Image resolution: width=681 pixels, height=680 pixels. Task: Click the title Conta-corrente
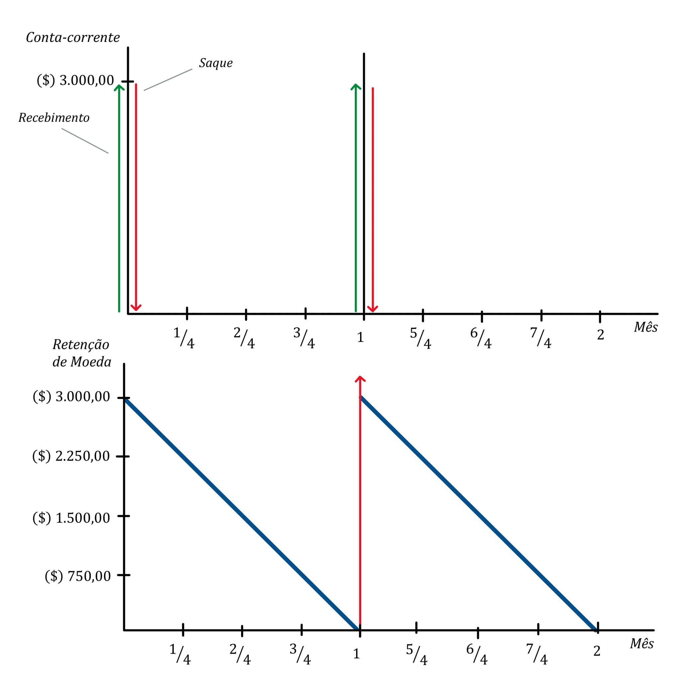pos(73,37)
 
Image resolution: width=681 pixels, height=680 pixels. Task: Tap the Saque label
pos(216,63)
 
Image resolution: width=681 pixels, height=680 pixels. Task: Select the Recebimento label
pos(54,118)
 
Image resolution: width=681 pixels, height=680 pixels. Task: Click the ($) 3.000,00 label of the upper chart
pos(75,81)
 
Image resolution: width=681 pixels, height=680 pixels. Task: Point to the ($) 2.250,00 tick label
pos(71,456)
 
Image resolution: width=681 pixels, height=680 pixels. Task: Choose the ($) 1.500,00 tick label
pos(71,518)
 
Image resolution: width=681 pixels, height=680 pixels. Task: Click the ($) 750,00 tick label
pos(77,576)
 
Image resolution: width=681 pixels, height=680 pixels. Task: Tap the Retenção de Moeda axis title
pos(81,353)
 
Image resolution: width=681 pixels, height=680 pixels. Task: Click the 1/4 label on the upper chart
pos(184,338)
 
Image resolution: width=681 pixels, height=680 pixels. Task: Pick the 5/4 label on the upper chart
pos(420,338)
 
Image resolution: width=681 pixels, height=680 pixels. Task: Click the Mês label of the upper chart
pos(645,327)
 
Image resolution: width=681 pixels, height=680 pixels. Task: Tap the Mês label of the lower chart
pos(641,644)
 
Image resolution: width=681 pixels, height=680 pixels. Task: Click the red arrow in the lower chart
pos(360,494)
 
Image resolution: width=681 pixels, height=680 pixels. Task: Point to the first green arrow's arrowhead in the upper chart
pos(119,87)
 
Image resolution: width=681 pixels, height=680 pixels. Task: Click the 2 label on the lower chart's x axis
pos(597,651)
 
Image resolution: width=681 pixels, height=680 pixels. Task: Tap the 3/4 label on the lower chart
pos(300,654)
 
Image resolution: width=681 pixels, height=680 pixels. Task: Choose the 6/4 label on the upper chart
pos(480,338)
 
